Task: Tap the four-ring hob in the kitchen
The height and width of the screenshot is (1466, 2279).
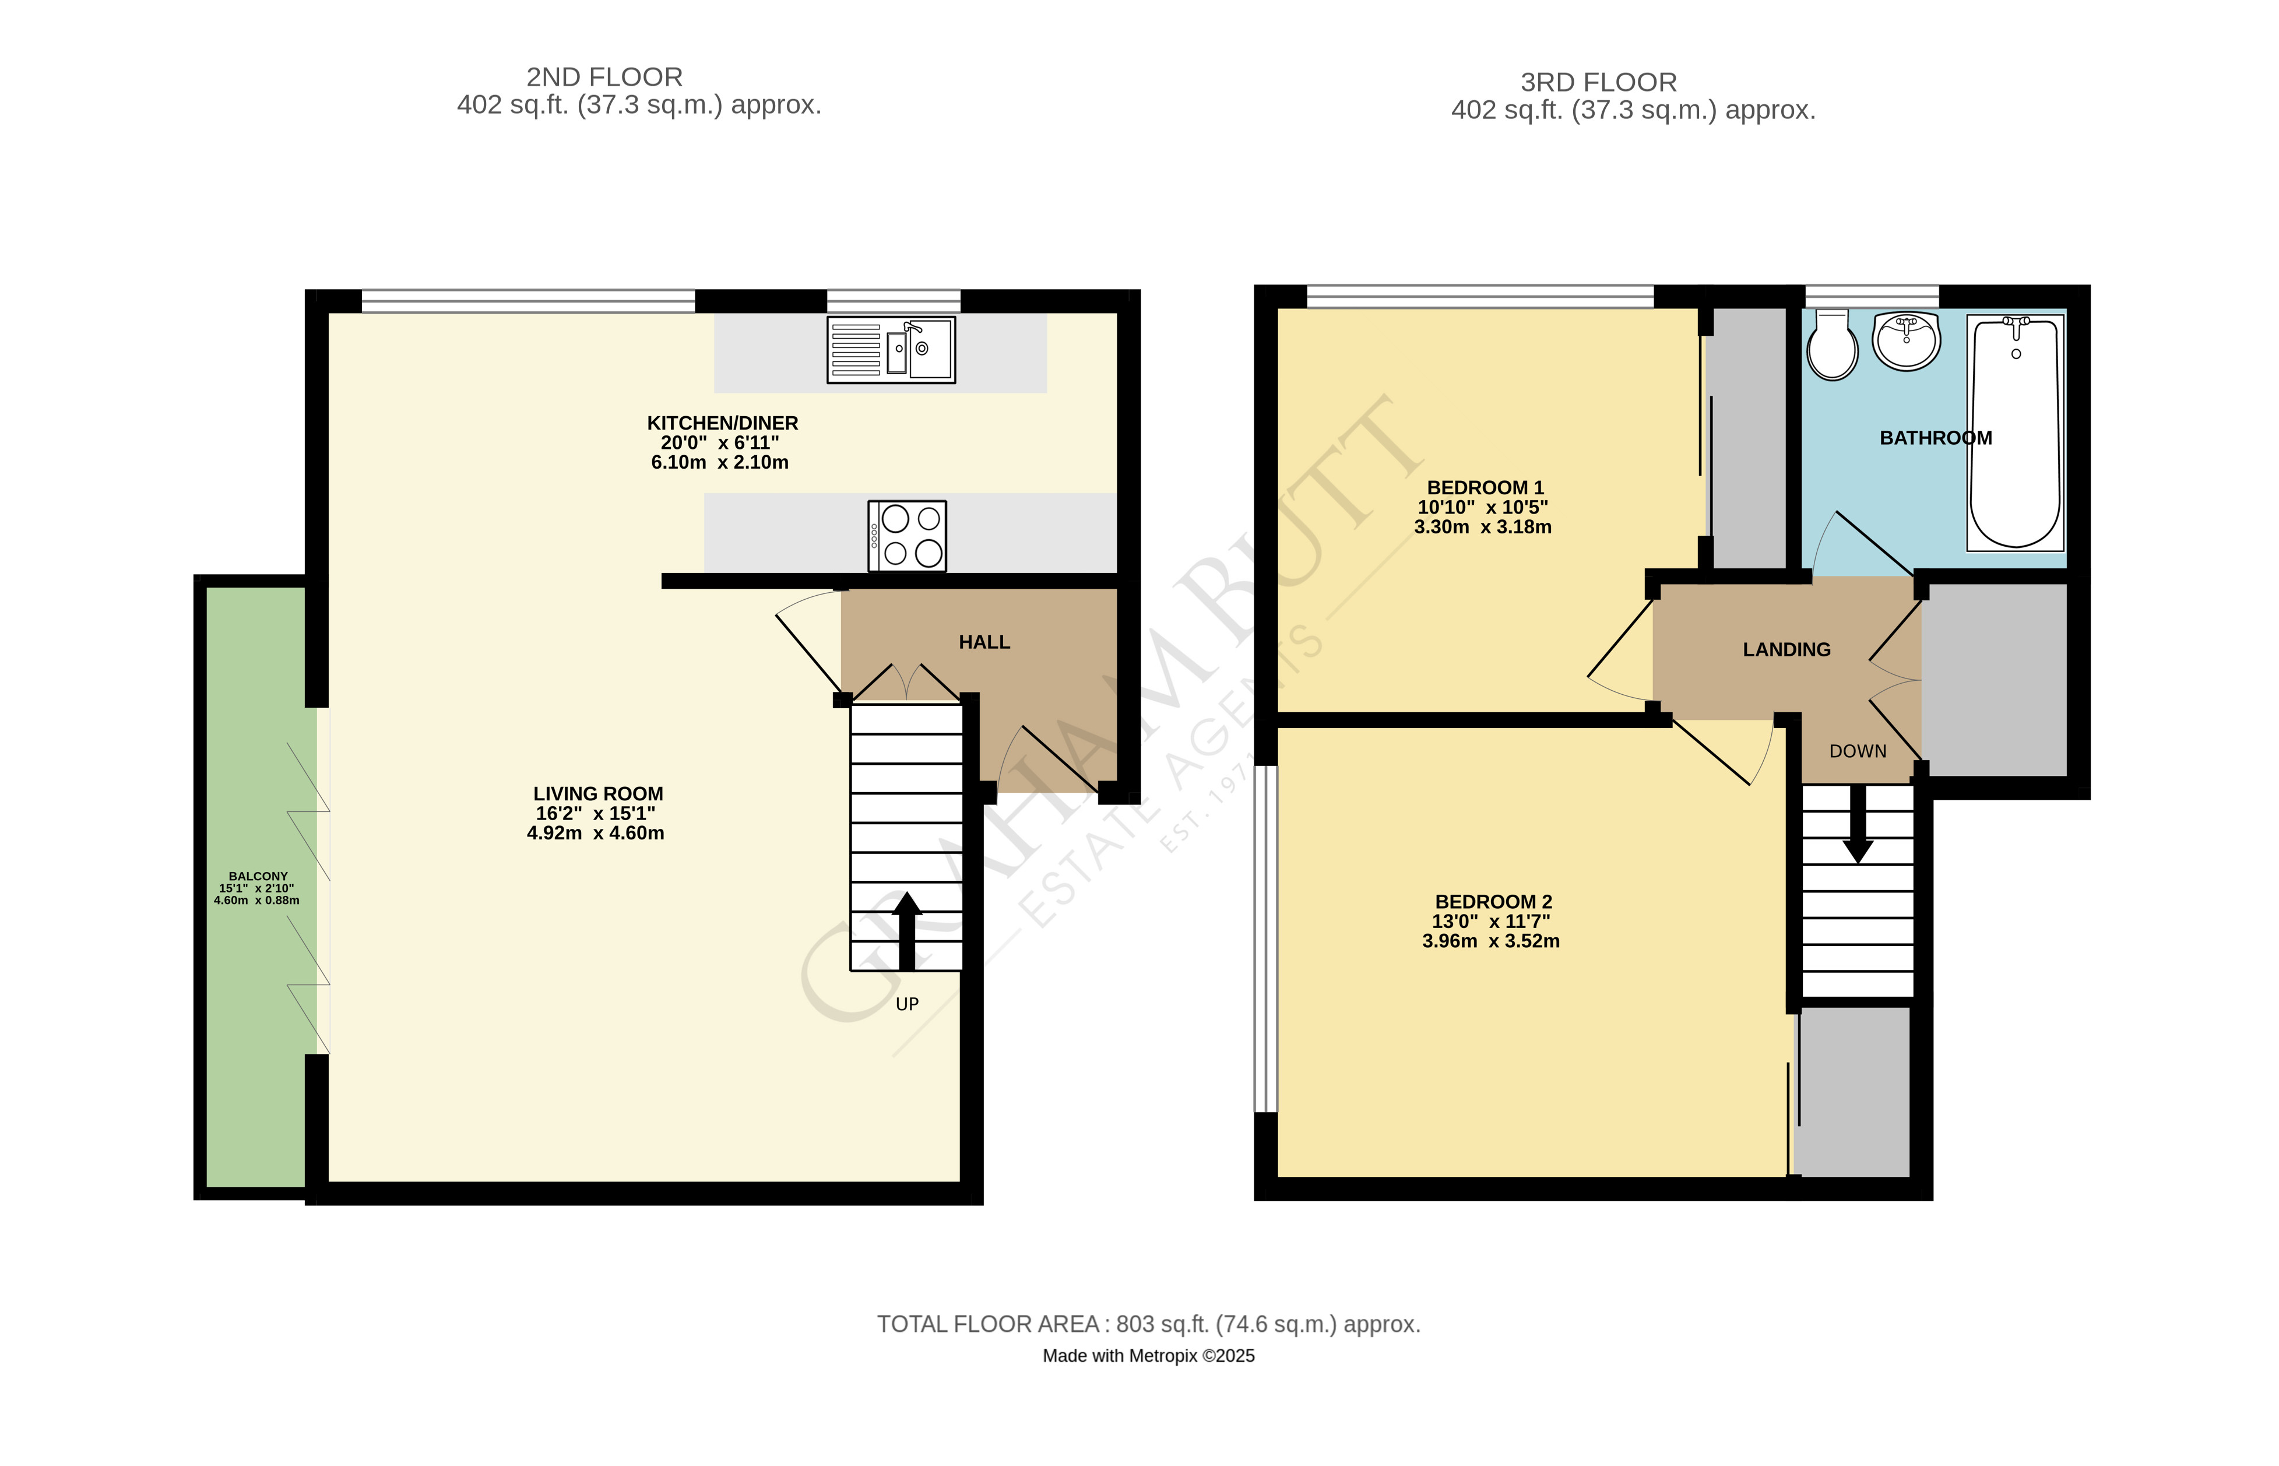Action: tap(906, 536)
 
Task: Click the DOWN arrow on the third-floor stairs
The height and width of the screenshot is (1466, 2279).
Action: tap(1856, 824)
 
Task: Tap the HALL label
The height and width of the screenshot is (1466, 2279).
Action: tap(983, 642)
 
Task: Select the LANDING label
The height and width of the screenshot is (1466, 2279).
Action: tap(1786, 650)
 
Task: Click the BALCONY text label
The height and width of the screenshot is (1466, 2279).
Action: tap(258, 876)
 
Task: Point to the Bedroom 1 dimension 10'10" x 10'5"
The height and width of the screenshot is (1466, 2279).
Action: tap(1482, 507)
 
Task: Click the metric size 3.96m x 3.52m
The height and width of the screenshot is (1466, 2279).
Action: tap(1490, 941)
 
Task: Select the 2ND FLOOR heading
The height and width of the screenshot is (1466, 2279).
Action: tap(604, 77)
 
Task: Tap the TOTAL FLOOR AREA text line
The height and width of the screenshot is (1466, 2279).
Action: tap(1148, 1324)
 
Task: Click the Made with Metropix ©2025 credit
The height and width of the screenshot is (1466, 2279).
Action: tap(1148, 1356)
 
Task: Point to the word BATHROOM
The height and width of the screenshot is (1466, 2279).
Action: tap(1935, 438)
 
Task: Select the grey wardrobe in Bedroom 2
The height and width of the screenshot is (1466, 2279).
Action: tap(1852, 1092)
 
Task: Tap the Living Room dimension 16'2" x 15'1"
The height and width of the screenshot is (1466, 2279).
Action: tap(595, 814)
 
